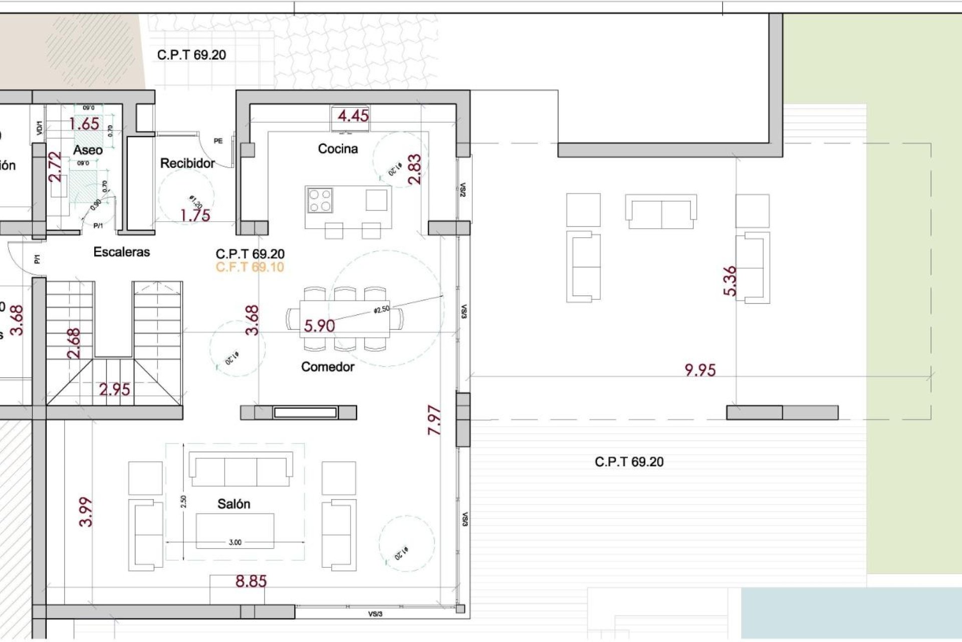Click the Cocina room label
338,148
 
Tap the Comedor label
328,367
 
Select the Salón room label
233,504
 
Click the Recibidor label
187,163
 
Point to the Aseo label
88,149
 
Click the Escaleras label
122,252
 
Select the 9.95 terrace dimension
700,370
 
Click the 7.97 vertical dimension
434,420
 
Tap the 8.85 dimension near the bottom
251,581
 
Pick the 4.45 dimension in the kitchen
353,116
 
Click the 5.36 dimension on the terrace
731,281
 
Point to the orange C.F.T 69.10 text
250,267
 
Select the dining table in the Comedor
345,318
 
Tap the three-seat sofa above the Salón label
241,469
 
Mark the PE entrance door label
218,141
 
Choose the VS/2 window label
462,190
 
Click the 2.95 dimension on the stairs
114,389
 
